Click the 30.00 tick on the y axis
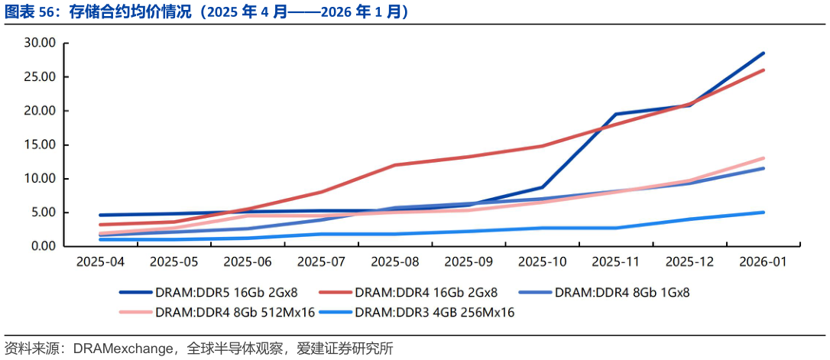[40, 44]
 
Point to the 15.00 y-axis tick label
[40, 145]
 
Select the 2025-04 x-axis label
[101, 262]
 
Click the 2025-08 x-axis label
[395, 262]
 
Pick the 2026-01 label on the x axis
[763, 262]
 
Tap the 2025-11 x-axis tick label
[616, 262]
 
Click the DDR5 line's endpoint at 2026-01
[763, 54]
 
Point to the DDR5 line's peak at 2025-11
[616, 114]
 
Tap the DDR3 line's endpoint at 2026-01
[763, 212]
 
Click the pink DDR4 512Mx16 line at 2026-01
[763, 158]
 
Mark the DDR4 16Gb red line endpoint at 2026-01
[763, 70]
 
